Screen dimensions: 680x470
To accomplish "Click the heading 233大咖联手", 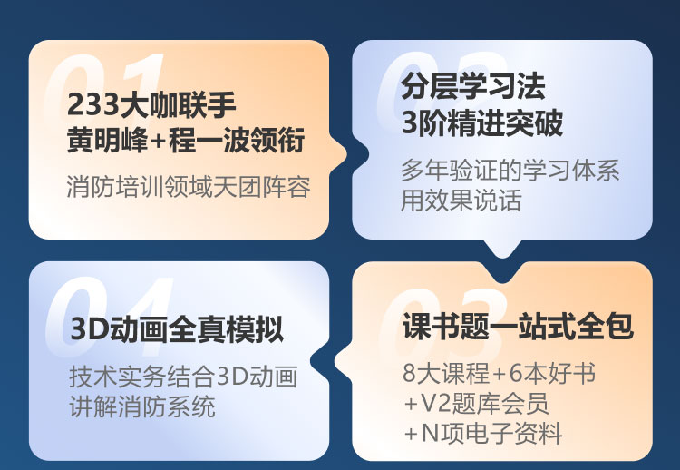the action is pos(151,104).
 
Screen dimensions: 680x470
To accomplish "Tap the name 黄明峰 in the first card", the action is pos(107,140).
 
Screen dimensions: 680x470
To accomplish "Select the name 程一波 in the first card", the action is pos(209,140).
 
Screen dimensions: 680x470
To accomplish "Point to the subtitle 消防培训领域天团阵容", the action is pos(189,187).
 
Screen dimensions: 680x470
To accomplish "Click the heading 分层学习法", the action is pos(473,86).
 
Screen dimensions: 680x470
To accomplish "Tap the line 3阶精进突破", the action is pos(482,122).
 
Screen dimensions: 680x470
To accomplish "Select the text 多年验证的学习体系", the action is pos(510,170).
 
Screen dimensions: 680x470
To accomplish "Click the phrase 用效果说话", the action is pos(461,201).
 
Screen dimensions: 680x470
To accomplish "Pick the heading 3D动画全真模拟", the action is pos(178,329).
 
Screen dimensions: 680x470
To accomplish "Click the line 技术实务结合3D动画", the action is pos(183,377).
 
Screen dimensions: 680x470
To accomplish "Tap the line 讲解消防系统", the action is pos(142,406).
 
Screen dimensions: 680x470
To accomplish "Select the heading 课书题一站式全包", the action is pos(518,326).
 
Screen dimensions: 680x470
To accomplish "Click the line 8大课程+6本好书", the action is pos(499,373).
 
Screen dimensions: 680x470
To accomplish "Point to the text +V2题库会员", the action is pos(476,403).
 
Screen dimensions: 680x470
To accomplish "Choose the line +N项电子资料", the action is pos(482,433).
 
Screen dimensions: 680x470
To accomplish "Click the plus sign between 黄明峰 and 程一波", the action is pos(158,141).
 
